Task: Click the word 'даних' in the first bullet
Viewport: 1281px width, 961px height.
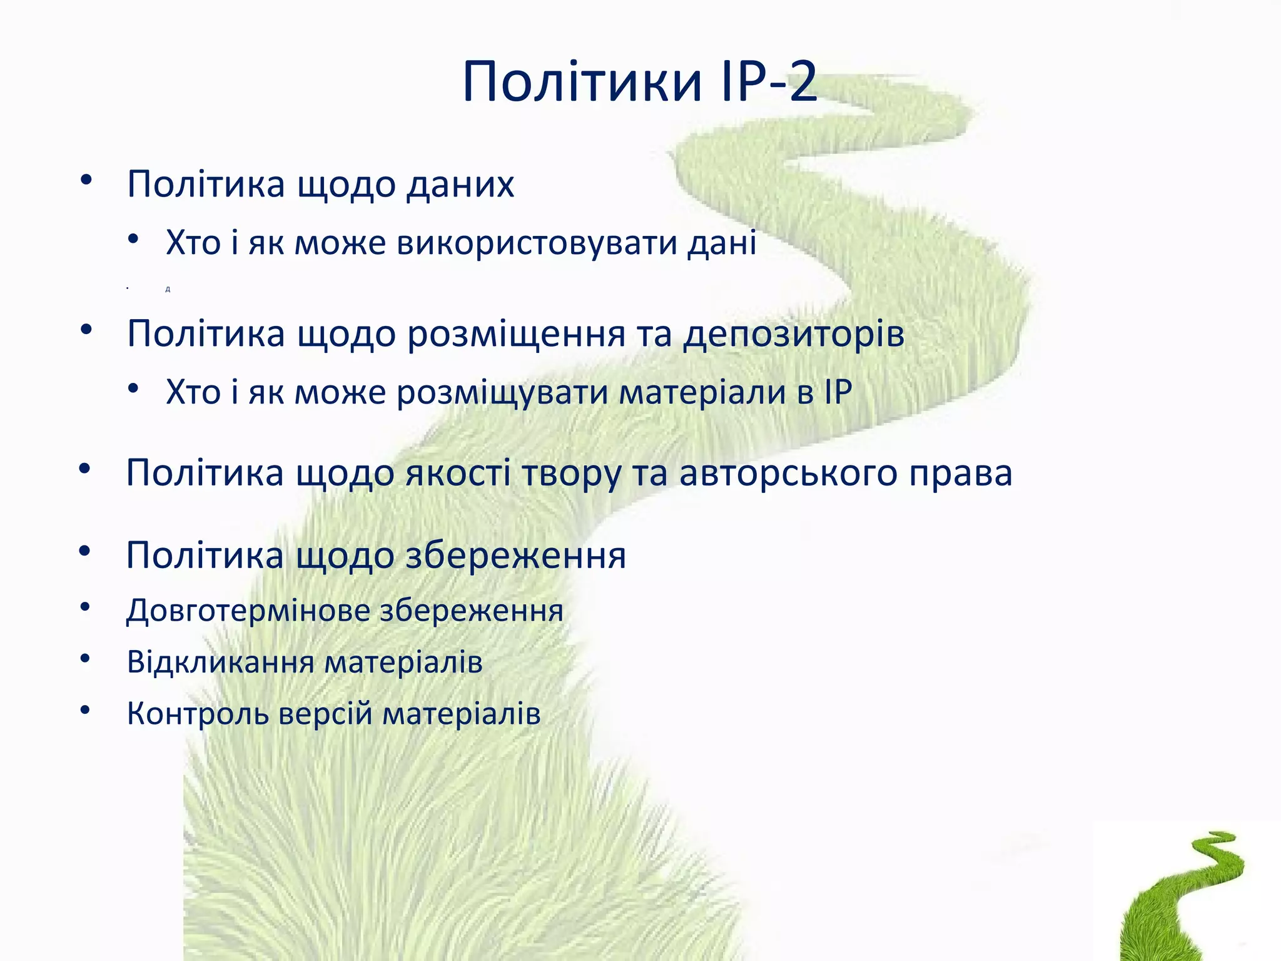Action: [460, 185]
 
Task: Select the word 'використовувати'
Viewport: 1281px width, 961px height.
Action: [537, 243]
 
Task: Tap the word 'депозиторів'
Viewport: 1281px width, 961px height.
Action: [793, 334]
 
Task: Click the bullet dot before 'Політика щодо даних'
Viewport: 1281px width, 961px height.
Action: [86, 180]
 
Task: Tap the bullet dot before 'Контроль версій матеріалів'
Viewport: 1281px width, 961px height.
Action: [86, 709]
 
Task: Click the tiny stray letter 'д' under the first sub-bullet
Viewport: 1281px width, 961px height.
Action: [168, 289]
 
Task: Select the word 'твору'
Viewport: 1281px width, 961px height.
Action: [571, 474]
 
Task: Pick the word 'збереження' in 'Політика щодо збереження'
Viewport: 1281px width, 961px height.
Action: [515, 556]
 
